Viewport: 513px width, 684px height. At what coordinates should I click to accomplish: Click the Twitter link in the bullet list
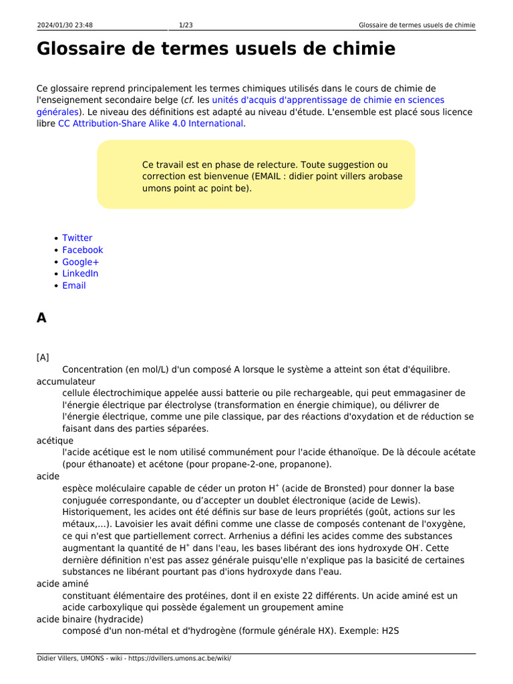pos(77,238)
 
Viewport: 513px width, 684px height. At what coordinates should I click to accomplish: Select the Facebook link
pos(82,250)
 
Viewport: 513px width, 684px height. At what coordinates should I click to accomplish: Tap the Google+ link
pos(80,262)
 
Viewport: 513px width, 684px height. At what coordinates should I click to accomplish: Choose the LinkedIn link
pos(80,273)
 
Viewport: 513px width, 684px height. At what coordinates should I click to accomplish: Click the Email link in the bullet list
pos(73,285)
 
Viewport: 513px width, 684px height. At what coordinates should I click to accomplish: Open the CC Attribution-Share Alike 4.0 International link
pos(150,124)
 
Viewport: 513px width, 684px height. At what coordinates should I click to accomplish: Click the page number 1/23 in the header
pos(186,25)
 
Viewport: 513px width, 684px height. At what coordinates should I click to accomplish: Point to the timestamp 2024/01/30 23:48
pos(65,25)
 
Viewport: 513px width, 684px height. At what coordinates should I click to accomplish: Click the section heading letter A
pos(41,318)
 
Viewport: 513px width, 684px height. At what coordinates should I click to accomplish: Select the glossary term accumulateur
pos(65,381)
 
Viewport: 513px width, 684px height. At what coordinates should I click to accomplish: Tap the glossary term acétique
pos(55,441)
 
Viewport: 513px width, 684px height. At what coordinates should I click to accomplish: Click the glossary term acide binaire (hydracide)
pos(90,619)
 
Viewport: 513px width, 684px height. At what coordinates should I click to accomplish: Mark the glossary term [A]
pos(43,357)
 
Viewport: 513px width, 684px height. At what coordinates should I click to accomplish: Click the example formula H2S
pos(389,631)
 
